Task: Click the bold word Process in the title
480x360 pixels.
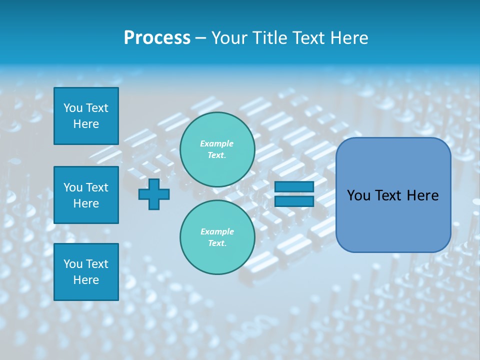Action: point(157,38)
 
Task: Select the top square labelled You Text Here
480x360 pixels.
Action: point(86,116)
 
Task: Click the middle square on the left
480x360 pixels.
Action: point(86,195)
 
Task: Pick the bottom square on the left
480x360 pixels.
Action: point(86,272)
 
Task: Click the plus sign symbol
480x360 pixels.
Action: point(154,194)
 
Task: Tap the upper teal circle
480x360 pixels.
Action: point(217,149)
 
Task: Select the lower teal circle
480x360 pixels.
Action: point(217,237)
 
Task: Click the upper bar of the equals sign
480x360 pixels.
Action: point(294,187)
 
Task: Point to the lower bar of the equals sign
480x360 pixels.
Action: point(294,201)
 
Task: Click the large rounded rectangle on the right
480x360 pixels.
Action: point(393,195)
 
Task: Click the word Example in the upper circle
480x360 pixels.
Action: point(217,143)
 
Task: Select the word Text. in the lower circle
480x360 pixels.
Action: point(217,243)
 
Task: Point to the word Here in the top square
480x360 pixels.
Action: point(86,124)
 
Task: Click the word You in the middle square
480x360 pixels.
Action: point(73,187)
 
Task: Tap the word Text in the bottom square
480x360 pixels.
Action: point(96,264)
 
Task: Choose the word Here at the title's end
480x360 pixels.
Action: point(349,38)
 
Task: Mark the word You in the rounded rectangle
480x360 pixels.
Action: point(359,195)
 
